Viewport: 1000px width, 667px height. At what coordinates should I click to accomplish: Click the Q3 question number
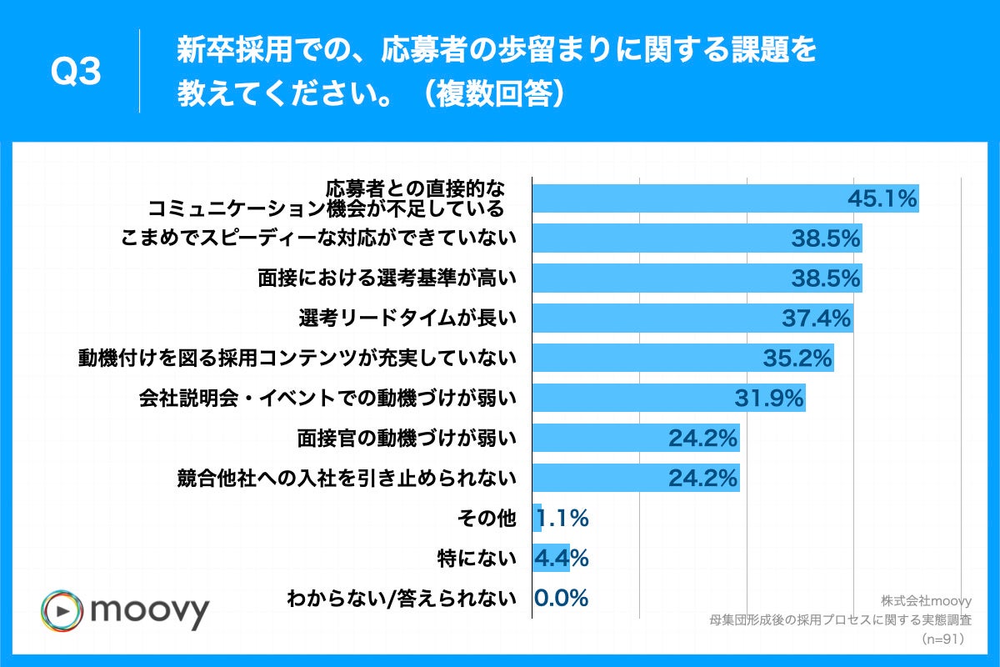76,73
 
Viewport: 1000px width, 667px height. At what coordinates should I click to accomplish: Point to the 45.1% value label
882,198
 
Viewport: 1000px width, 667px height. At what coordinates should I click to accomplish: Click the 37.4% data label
817,318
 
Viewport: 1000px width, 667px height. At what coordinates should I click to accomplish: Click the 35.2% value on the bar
797,359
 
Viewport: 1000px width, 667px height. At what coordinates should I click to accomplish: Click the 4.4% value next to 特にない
565,558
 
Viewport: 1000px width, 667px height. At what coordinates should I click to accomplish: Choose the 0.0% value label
561,598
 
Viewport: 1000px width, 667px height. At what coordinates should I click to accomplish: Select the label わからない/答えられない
402,598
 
